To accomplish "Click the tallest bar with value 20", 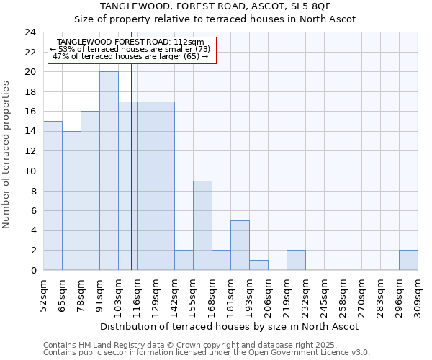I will coord(109,171).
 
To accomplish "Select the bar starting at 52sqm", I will coord(53,196).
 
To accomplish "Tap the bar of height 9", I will coord(202,225).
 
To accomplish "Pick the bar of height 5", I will coord(240,245).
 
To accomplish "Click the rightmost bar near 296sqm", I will coord(408,260).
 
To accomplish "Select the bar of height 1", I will coord(258,265).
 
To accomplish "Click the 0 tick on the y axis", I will coord(33,271).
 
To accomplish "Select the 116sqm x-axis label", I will coord(138,293).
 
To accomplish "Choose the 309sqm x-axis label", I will coord(418,293).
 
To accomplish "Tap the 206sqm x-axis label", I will coord(269,293).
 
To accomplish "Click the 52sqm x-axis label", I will coord(44,293).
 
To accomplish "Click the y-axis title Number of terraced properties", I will coord(7,155).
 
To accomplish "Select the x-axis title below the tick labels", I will coord(230,326).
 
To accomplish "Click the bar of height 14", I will coord(71,201).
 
